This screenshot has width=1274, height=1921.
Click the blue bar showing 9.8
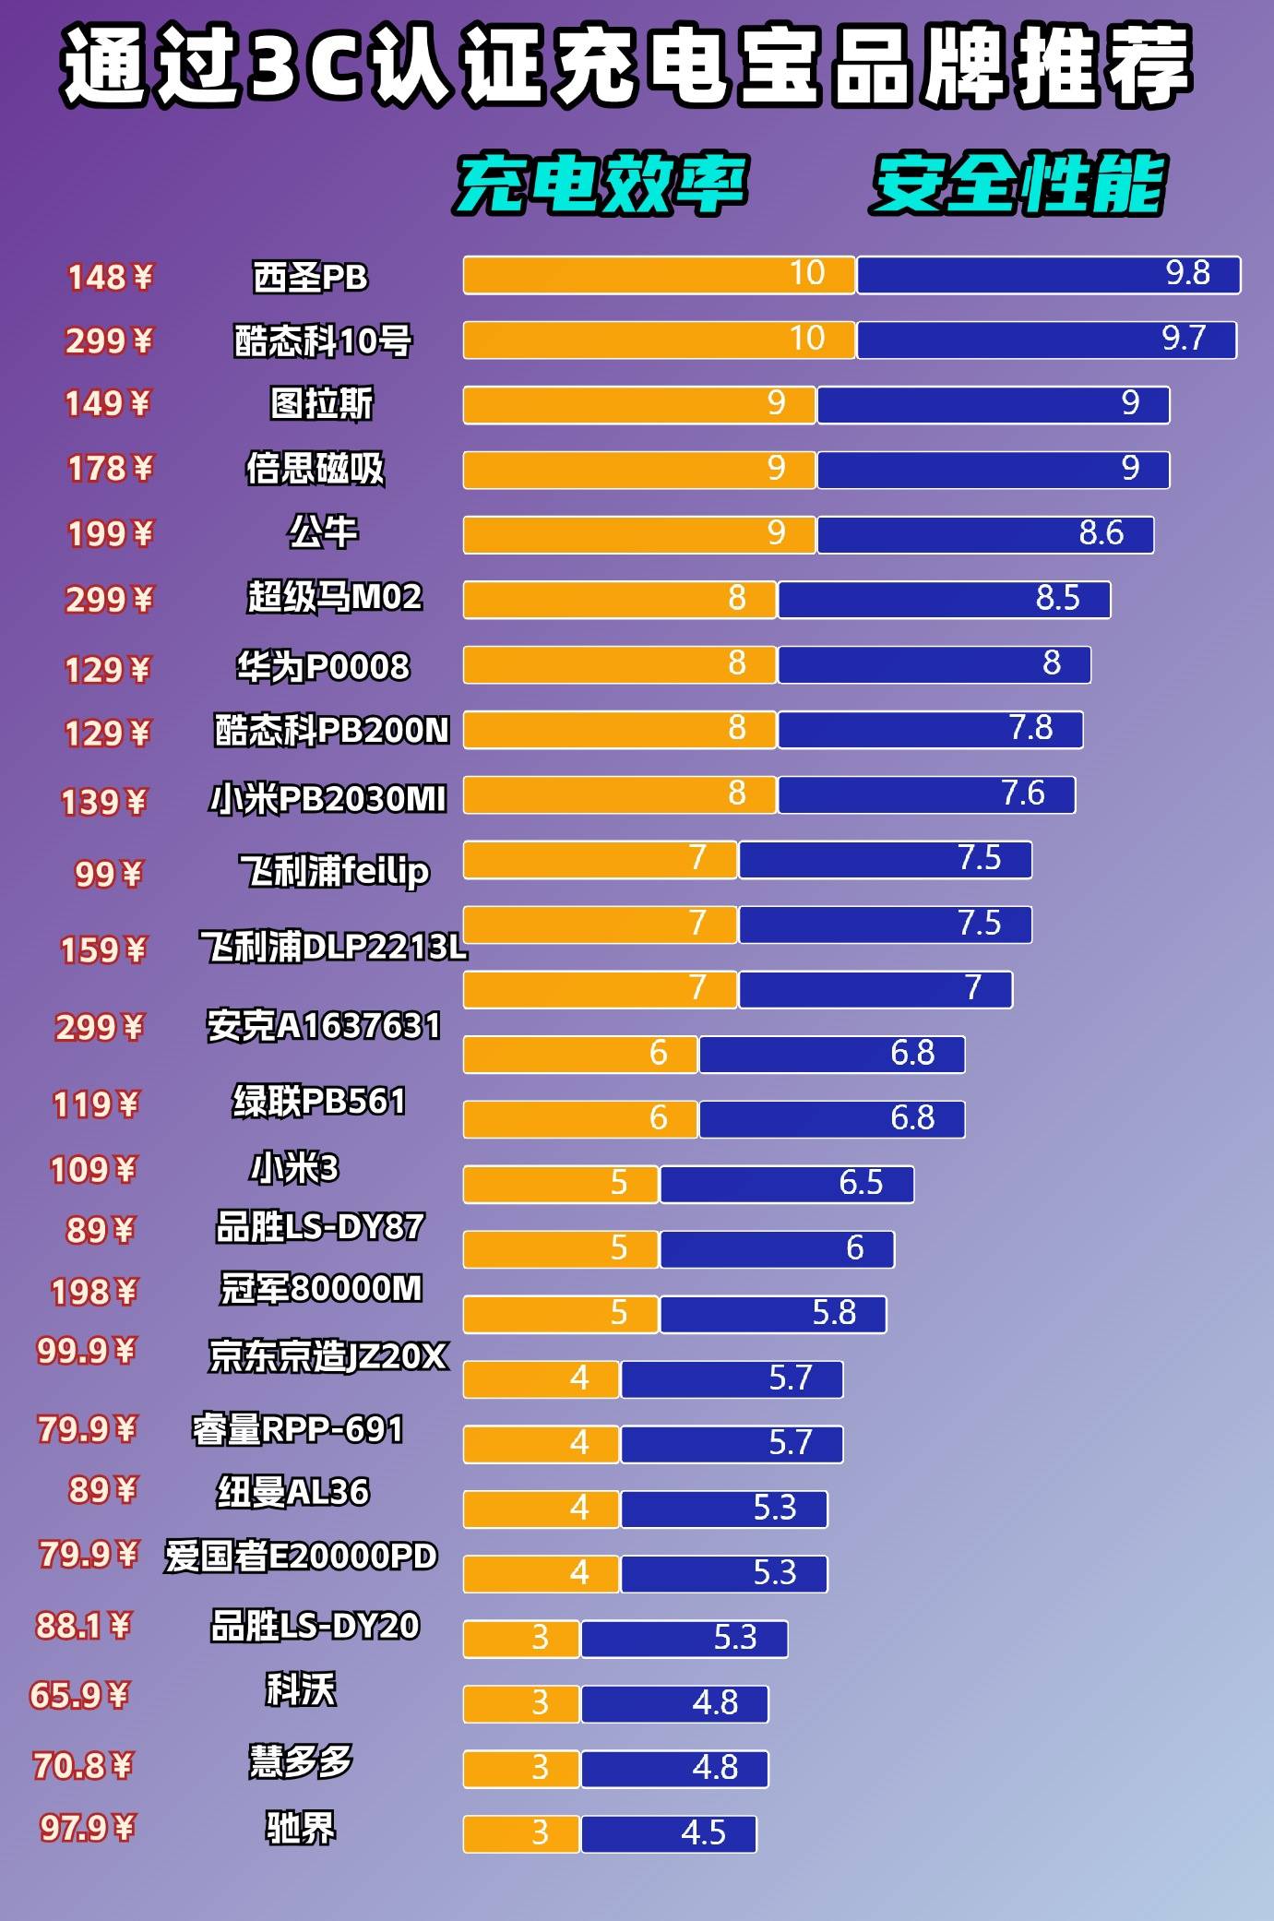pyautogui.click(x=1048, y=275)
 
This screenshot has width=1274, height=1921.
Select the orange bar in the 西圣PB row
pyautogui.click(x=659, y=275)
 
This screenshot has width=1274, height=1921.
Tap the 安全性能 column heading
pyautogui.click(x=1018, y=185)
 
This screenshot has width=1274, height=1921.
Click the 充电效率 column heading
pyautogui.click(x=601, y=185)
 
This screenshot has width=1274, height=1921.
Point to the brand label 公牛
pyautogui.click(x=322, y=532)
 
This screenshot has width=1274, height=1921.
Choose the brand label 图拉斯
pyautogui.click(x=322, y=403)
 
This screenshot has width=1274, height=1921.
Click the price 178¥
pyautogui.click(x=110, y=469)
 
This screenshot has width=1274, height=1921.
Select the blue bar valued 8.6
pyautogui.click(x=985, y=535)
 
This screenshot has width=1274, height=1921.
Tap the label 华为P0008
pyautogui.click(x=323, y=666)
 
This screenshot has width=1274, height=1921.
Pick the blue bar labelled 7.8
pyautogui.click(x=930, y=730)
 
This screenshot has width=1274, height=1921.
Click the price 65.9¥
pyautogui.click(x=79, y=1695)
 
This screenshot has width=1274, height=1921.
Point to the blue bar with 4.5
pyautogui.click(x=668, y=1833)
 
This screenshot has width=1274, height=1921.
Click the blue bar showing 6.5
pyautogui.click(x=786, y=1185)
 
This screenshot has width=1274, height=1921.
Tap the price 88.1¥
pyautogui.click(x=83, y=1625)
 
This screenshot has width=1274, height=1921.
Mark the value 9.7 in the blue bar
pyautogui.click(x=1184, y=339)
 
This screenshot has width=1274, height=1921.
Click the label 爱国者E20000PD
pyautogui.click(x=301, y=1557)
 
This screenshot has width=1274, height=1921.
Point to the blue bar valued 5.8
pyautogui.click(x=772, y=1314)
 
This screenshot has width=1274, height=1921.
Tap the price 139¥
pyautogui.click(x=103, y=802)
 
